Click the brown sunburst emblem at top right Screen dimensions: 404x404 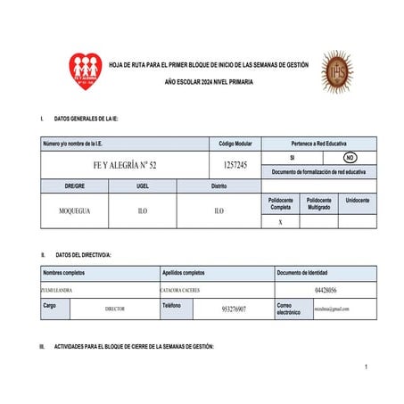(337, 71)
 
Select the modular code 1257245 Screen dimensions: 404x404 (235, 165)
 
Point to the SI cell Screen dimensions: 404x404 (303, 157)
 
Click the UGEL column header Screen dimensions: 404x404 (143, 186)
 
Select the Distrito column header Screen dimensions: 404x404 (219, 186)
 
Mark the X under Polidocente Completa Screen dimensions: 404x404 (281, 222)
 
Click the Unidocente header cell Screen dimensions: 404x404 (357, 202)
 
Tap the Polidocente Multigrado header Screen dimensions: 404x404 (318, 204)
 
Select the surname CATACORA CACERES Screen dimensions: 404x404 (186, 290)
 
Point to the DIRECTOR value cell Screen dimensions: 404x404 (115, 309)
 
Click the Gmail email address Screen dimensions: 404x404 (332, 309)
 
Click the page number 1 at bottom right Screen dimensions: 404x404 (367, 367)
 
